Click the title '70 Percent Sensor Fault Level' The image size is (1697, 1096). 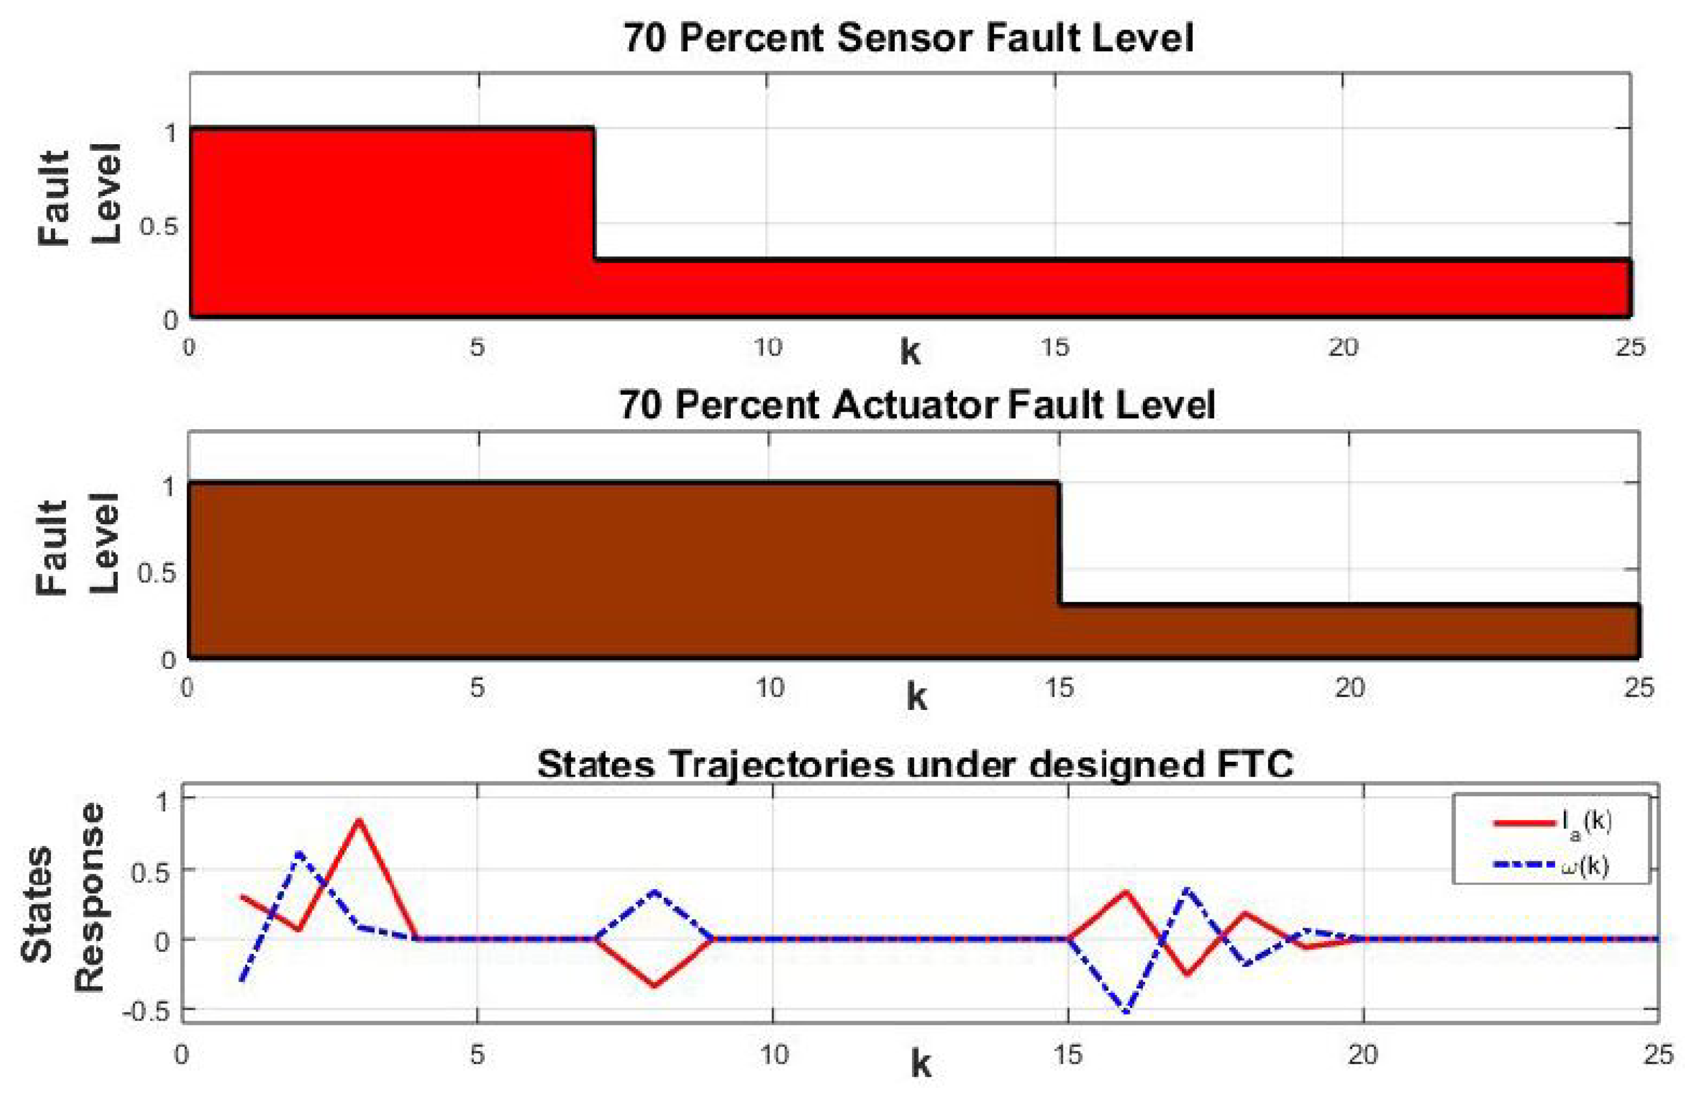click(908, 38)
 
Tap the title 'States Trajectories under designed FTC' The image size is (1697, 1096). click(915, 765)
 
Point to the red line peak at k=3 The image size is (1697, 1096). click(359, 820)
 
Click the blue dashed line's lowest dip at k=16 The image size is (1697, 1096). click(1127, 1011)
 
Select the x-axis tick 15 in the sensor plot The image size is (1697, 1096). click(1055, 347)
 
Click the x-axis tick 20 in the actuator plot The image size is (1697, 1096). click(1349, 688)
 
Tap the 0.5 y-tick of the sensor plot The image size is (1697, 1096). click(158, 226)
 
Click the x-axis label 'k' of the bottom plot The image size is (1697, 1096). click(920, 1065)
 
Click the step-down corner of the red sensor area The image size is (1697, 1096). click(594, 129)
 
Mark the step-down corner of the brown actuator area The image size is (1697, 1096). click(1059, 484)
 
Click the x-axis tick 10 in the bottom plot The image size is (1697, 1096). click(773, 1054)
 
